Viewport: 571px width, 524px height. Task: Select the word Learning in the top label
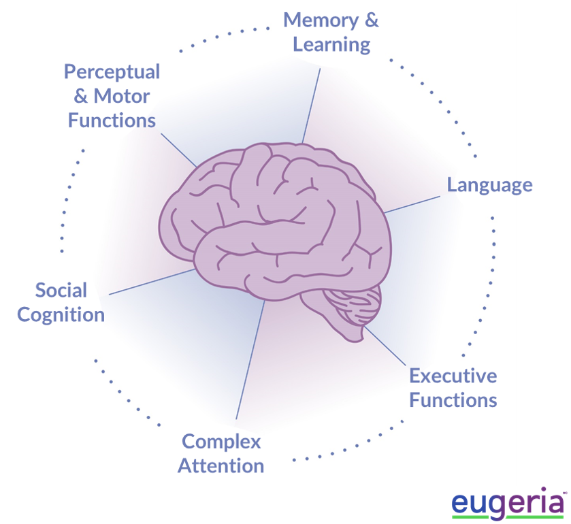coord(331,45)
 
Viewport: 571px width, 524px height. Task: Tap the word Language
coord(489,185)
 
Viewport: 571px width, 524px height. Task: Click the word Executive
coord(453,376)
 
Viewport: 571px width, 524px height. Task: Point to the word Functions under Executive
coord(453,399)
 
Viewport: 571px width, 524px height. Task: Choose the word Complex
coord(221,442)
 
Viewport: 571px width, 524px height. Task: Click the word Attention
coord(221,466)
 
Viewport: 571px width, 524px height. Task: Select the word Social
coord(61,291)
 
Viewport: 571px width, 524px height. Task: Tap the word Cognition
coord(61,315)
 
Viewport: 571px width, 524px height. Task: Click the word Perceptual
coord(112,71)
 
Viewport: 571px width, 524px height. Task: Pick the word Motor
coord(121,96)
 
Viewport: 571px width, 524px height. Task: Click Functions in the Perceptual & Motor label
coord(112,120)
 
